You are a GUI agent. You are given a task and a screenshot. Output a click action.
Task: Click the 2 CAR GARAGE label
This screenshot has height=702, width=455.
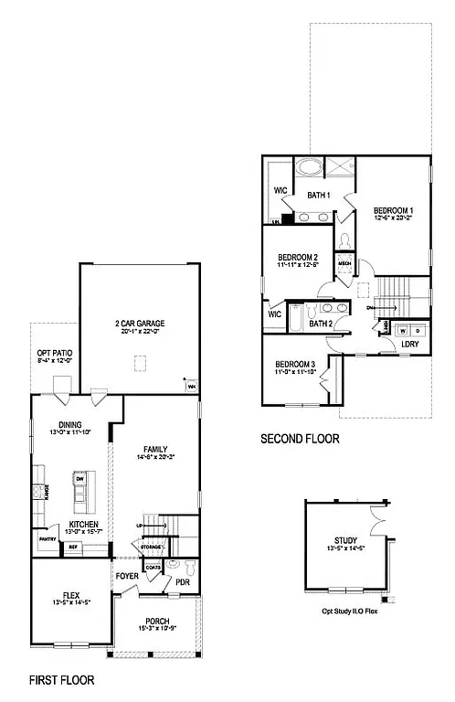pos(140,324)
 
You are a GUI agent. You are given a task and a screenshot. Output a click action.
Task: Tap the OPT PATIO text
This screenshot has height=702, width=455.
pos(54,353)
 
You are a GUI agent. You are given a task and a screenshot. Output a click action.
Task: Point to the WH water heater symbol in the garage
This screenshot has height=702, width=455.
pos(192,387)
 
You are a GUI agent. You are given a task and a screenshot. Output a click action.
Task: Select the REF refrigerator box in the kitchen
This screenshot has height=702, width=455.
pos(73,548)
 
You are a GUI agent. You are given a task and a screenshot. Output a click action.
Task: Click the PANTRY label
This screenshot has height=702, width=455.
pos(48,539)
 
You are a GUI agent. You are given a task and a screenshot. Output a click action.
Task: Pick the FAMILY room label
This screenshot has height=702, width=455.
pos(155,449)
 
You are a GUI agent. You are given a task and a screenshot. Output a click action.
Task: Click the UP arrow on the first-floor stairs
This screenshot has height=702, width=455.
pos(140,526)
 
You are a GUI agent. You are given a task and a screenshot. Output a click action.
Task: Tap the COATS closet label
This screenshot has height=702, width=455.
pos(153,568)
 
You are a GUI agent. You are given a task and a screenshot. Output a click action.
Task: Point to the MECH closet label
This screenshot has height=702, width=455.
pos(344,263)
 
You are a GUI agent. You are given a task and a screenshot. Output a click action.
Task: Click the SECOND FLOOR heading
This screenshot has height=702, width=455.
pos(300,439)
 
